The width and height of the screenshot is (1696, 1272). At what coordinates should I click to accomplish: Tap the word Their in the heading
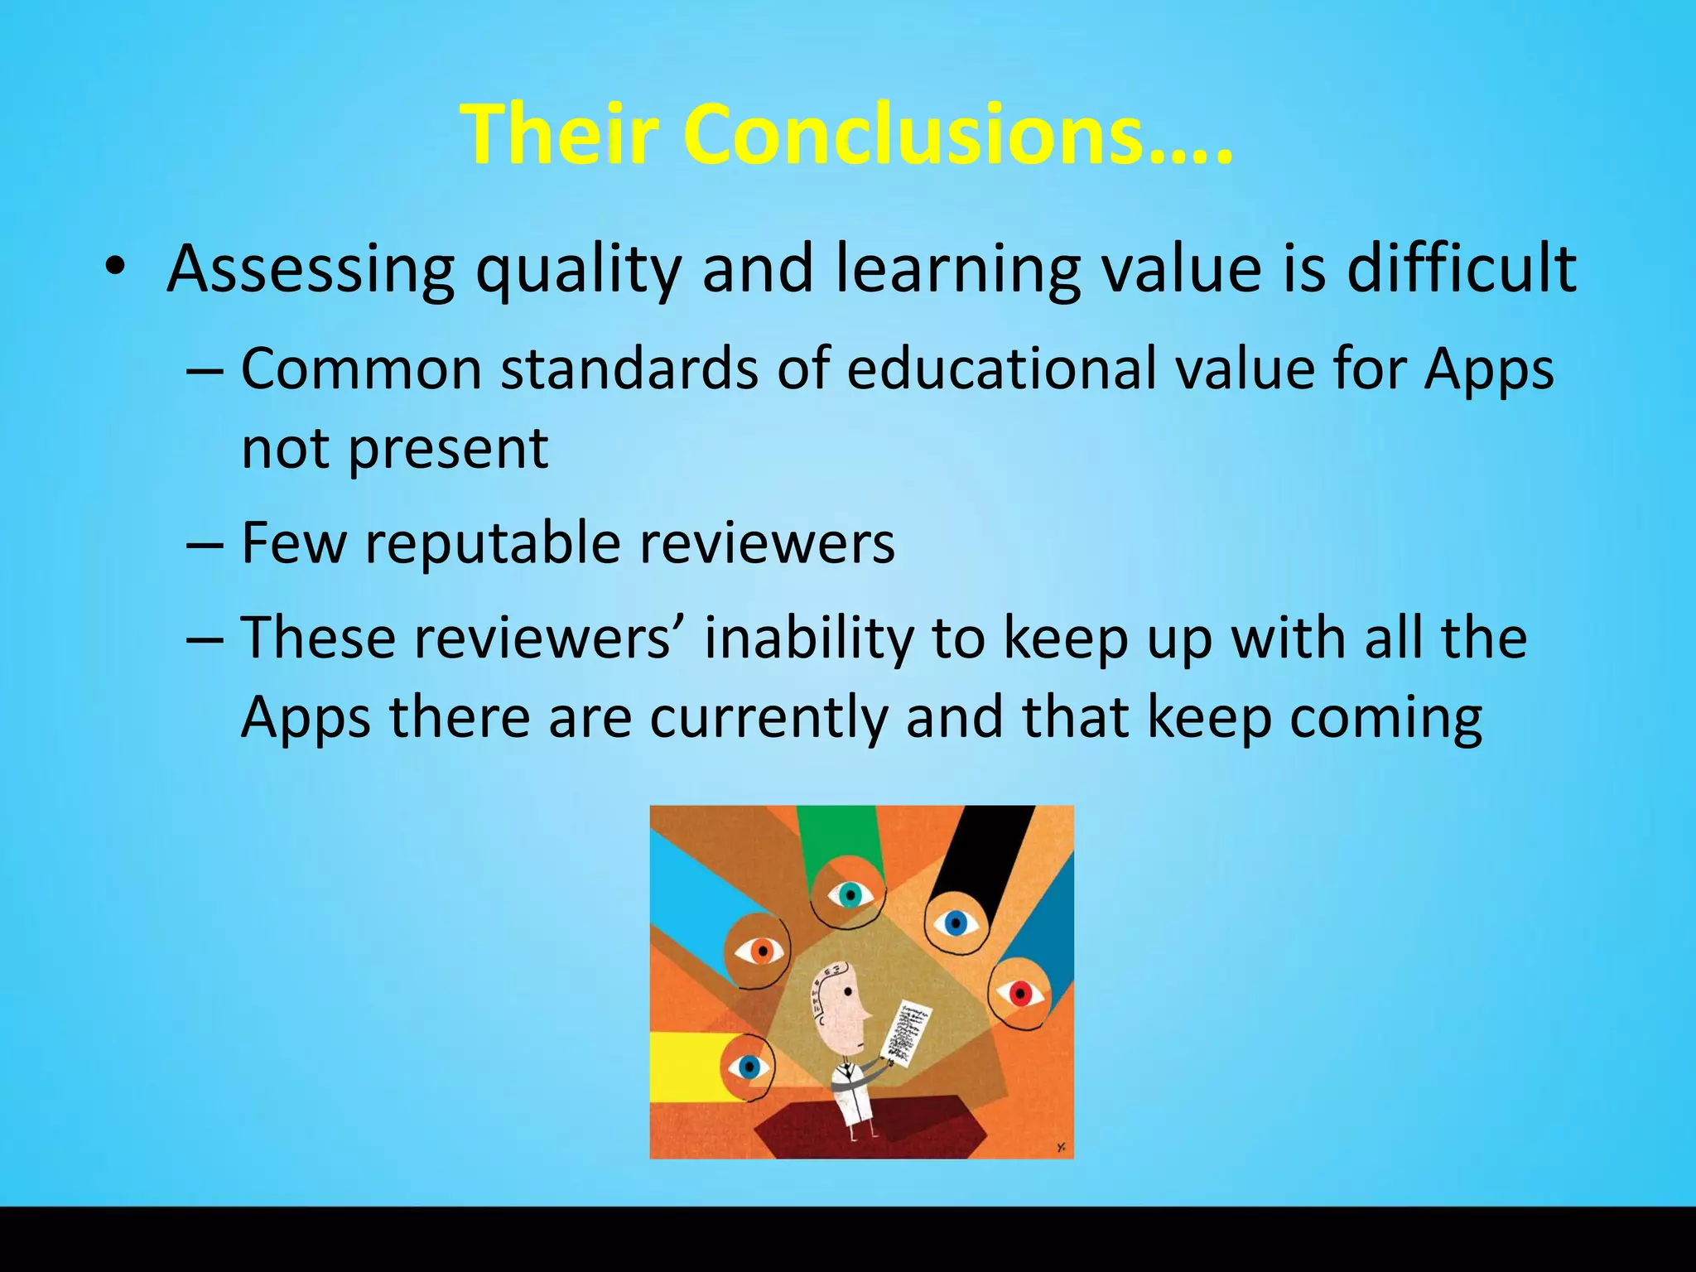click(562, 135)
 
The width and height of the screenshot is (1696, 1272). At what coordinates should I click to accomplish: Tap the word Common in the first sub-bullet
click(361, 368)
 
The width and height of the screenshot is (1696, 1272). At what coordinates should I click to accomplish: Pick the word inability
click(808, 638)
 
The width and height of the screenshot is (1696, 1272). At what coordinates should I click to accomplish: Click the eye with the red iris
click(1020, 993)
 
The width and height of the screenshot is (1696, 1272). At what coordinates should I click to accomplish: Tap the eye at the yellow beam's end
click(749, 1067)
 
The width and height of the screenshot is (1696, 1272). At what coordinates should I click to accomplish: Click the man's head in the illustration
click(841, 1005)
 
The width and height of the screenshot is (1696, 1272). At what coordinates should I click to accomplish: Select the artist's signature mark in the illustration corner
click(1060, 1147)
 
